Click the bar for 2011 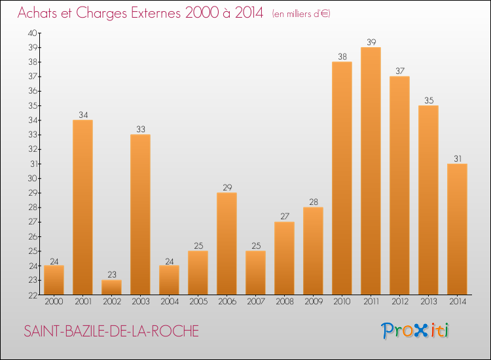[x=371, y=171]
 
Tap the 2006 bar [x=227, y=243]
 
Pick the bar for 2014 [x=457, y=229]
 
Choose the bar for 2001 [x=82, y=207]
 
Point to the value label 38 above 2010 [x=342, y=57]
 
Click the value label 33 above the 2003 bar [x=140, y=130]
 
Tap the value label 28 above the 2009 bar [x=313, y=202]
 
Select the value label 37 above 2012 [x=399, y=71]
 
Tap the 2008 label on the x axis [x=284, y=302]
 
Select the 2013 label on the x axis [x=428, y=302]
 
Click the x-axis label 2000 [x=54, y=302]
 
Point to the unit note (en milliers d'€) [x=301, y=14]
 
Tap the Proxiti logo [x=416, y=331]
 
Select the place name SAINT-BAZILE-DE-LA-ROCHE [x=111, y=332]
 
